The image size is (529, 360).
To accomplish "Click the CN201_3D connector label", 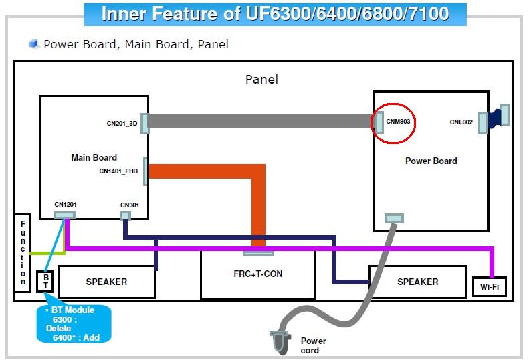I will pyautogui.click(x=122, y=123).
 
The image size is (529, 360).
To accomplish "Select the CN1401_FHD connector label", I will pyautogui.click(x=118, y=171).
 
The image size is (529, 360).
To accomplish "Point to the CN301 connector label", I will pyautogui.click(x=128, y=205).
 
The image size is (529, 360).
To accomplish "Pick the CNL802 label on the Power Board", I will pyautogui.click(x=461, y=122).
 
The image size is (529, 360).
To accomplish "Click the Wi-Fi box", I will pyautogui.click(x=489, y=287).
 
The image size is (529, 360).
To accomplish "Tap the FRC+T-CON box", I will pyautogui.click(x=258, y=274).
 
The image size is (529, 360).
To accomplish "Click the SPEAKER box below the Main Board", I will pyautogui.click(x=106, y=282).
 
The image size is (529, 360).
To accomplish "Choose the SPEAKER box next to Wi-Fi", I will pyautogui.click(x=417, y=282).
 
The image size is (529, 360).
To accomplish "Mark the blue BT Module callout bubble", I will pyautogui.click(x=73, y=324).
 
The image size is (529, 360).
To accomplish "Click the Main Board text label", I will pyautogui.click(x=94, y=158).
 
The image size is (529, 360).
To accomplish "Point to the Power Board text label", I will pyautogui.click(x=431, y=161).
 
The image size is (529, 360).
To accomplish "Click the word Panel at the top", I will pyautogui.click(x=261, y=80).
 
